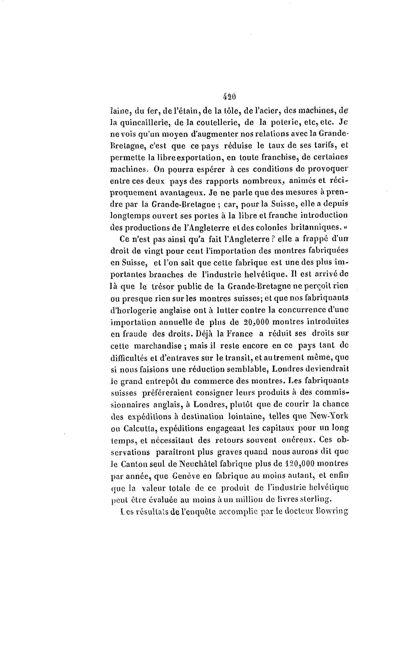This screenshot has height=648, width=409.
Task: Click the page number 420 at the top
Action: point(229,97)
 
